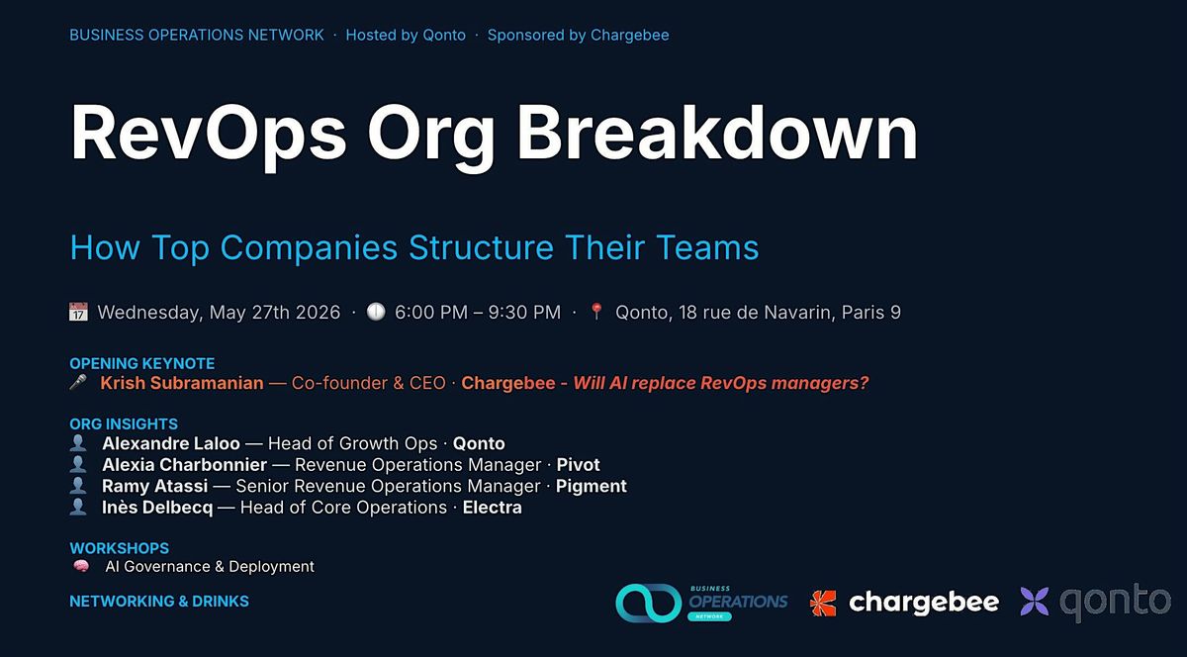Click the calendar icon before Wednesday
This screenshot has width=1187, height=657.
(x=78, y=312)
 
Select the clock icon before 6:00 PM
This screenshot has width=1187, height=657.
(x=376, y=312)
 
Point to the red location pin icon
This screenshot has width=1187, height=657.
(x=596, y=312)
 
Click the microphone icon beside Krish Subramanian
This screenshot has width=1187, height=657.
(x=78, y=382)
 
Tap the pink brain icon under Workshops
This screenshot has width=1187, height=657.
(x=81, y=566)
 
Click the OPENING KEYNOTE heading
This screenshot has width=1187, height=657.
(x=142, y=364)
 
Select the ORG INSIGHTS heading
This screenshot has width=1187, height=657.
(x=124, y=424)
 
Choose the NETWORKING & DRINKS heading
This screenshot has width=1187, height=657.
(x=159, y=602)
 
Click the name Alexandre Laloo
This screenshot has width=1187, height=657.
(x=170, y=443)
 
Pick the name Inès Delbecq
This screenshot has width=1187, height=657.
(x=157, y=508)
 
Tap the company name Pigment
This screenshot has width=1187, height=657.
(x=591, y=486)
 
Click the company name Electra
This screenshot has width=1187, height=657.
(x=493, y=508)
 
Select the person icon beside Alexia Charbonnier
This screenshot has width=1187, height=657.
(x=78, y=464)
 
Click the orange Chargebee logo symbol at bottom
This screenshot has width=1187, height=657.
(x=823, y=604)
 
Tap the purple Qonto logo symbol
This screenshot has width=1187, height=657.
(x=1035, y=602)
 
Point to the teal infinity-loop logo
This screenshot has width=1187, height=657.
(x=649, y=603)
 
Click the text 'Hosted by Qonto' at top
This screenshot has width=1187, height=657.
(x=406, y=35)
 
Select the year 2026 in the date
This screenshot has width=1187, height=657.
(x=318, y=312)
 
